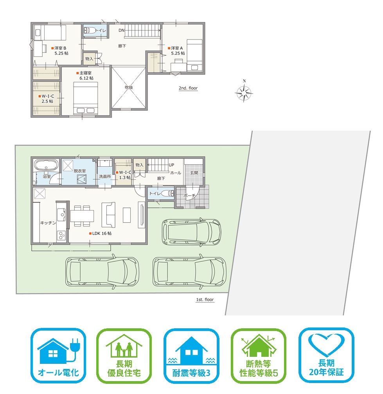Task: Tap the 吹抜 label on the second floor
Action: click(129, 87)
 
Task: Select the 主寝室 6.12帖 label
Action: click(85, 76)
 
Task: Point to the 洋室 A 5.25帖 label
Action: click(176, 50)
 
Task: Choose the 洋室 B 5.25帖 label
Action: click(60, 50)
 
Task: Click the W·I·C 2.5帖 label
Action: click(46, 99)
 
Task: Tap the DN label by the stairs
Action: click(121, 31)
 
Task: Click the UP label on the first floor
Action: click(171, 165)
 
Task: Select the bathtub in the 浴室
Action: click(46, 165)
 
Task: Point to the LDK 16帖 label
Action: click(100, 233)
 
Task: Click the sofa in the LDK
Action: click(109, 215)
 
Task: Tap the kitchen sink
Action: click(61, 215)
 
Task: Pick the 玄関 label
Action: click(194, 173)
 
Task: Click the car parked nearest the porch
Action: click(192, 231)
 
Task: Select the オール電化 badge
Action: click(58, 356)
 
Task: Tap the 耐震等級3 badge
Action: click(191, 356)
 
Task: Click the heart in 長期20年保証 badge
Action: click(326, 345)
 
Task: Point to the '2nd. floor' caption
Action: click(188, 88)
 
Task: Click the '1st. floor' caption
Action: click(205, 300)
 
